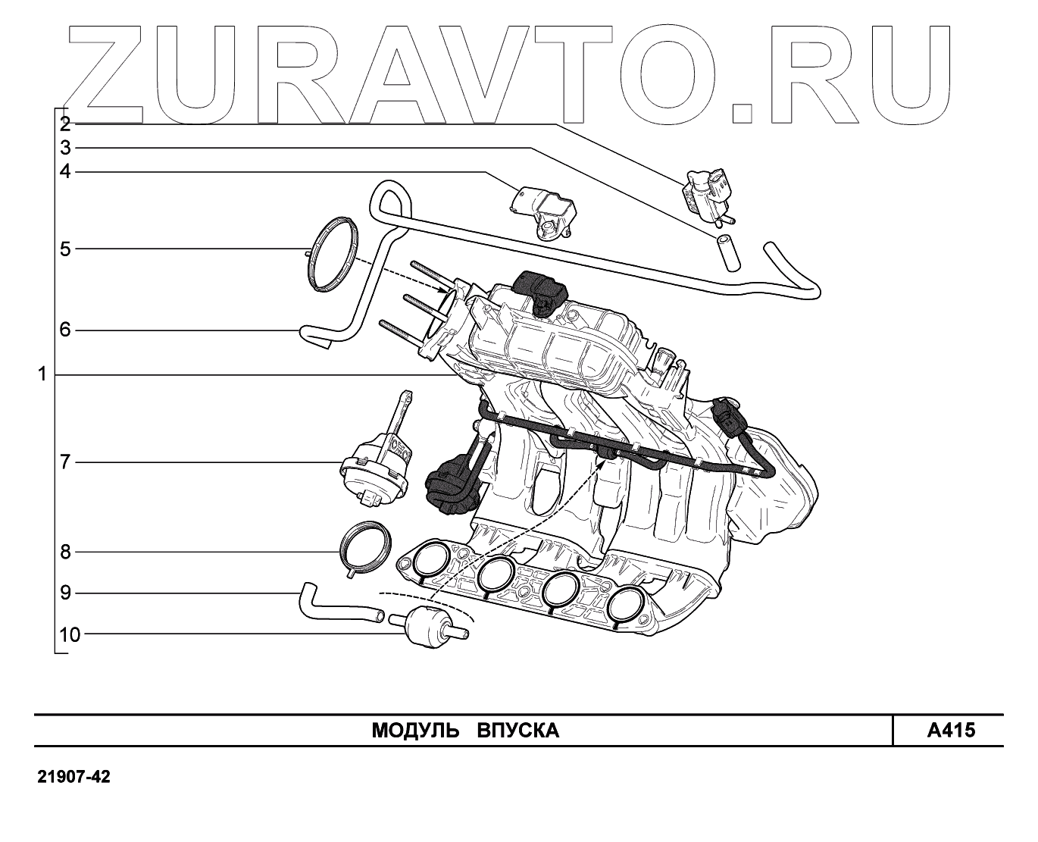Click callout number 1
coord(42,374)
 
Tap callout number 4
coord(65,172)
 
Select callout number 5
coord(65,249)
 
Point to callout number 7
coord(65,462)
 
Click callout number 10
coord(69,634)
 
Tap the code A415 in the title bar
coord(951,731)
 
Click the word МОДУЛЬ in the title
coord(415,731)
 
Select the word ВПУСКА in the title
coord(518,731)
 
